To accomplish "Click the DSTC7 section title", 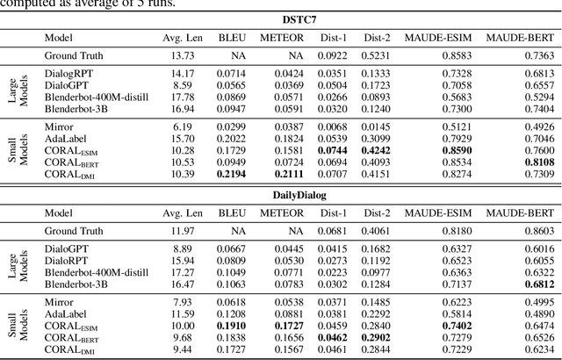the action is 280,18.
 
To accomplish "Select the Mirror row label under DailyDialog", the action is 59,302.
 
